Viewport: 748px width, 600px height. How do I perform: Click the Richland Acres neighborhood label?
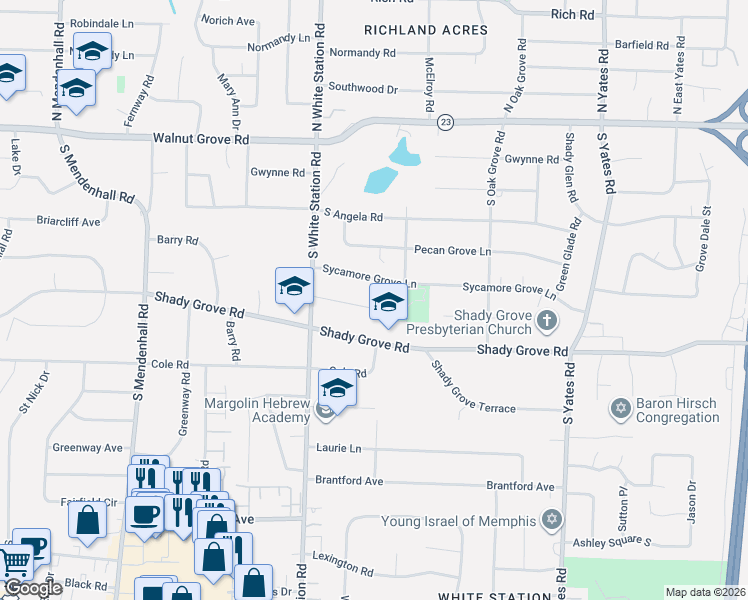tap(426, 30)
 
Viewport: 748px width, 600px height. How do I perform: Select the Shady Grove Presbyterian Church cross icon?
tap(545, 321)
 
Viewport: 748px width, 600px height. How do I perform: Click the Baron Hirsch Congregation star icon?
tap(620, 408)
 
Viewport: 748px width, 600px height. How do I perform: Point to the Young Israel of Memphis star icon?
tap(550, 519)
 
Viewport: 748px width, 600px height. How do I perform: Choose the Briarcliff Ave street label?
tap(68, 221)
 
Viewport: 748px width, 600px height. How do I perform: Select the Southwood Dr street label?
tap(363, 88)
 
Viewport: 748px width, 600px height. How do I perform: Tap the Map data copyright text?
tap(706, 592)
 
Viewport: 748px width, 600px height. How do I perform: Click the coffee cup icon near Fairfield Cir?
tap(146, 516)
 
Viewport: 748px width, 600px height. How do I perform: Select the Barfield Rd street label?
tap(642, 44)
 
